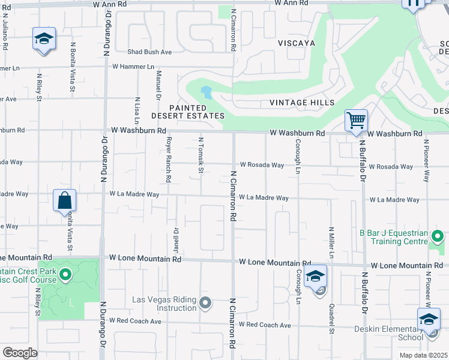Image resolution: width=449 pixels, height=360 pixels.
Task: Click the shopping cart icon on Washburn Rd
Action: pos(357,121)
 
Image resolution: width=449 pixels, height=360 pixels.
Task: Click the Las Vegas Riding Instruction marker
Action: pos(206,302)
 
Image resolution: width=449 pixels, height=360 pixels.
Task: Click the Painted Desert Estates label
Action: pos(188,112)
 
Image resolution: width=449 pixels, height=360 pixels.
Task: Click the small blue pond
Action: pos(207,92)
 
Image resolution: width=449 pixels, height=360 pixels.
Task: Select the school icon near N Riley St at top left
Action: pos(44,39)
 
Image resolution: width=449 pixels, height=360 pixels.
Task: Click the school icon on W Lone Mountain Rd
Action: pos(315,277)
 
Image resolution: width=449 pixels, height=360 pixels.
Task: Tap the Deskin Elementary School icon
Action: pos(429,319)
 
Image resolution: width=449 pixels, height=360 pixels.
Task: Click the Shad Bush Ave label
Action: pos(149,52)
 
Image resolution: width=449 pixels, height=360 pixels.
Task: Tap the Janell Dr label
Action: pos(176,239)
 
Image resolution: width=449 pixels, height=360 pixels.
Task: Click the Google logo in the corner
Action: pos(20,353)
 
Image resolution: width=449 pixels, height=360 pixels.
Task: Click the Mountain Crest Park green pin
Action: pos(66,276)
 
